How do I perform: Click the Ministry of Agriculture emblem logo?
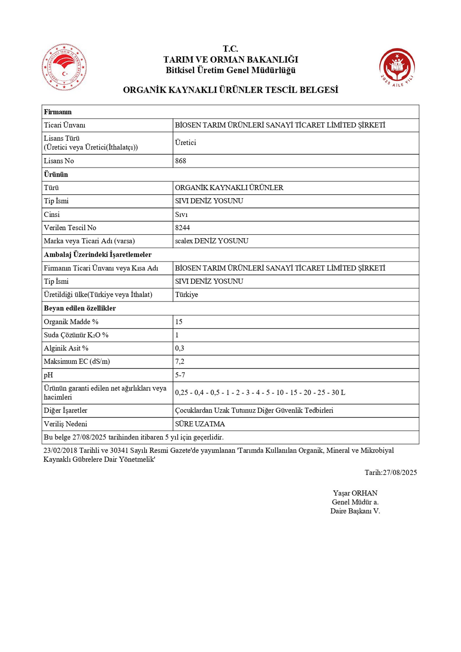point(64,67)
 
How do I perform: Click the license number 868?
point(181,161)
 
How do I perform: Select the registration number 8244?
point(182,228)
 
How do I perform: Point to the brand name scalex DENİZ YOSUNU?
point(212,241)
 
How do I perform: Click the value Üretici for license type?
point(185,143)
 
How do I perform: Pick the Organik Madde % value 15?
point(179,322)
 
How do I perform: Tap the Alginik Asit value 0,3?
point(180,348)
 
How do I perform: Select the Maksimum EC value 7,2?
point(180,362)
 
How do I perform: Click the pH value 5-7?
point(180,375)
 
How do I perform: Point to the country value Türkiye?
point(186,295)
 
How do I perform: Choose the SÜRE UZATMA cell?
point(200,424)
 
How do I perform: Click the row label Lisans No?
point(59,161)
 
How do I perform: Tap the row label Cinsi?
point(52,214)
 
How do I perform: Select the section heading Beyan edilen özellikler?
point(80,308)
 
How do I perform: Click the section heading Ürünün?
point(56,174)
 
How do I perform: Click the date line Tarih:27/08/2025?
point(390,472)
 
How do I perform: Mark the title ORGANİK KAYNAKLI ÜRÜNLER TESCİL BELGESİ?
point(230,90)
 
